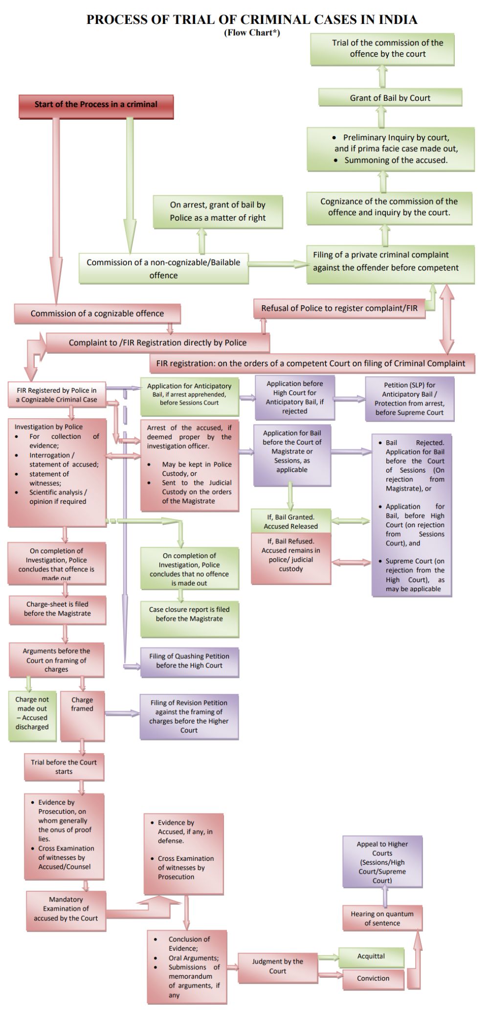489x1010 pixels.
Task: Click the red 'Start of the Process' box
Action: click(x=96, y=105)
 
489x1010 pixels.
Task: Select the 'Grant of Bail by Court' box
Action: click(x=390, y=98)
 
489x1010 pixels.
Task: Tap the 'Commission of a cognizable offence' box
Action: click(x=97, y=314)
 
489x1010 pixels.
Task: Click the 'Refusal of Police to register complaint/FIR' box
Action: click(x=339, y=309)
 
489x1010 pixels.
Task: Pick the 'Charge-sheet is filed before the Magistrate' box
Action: click(x=57, y=609)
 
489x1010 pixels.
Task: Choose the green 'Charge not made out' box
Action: click(x=32, y=713)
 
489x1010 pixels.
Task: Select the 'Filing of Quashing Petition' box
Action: click(x=189, y=661)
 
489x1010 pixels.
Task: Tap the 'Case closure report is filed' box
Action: click(x=189, y=615)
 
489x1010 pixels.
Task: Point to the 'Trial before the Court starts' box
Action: click(x=64, y=767)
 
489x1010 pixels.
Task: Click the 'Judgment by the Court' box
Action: click(x=277, y=966)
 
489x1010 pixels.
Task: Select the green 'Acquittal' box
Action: click(x=371, y=956)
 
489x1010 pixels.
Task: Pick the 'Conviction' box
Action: click(x=373, y=978)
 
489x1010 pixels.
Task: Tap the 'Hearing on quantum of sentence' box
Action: click(x=382, y=919)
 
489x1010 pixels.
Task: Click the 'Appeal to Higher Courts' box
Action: click(x=382, y=862)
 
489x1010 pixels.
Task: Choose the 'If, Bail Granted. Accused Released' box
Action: click(x=291, y=521)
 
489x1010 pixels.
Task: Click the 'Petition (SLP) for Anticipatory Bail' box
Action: click(x=409, y=399)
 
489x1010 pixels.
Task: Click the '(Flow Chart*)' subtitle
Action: click(x=252, y=33)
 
